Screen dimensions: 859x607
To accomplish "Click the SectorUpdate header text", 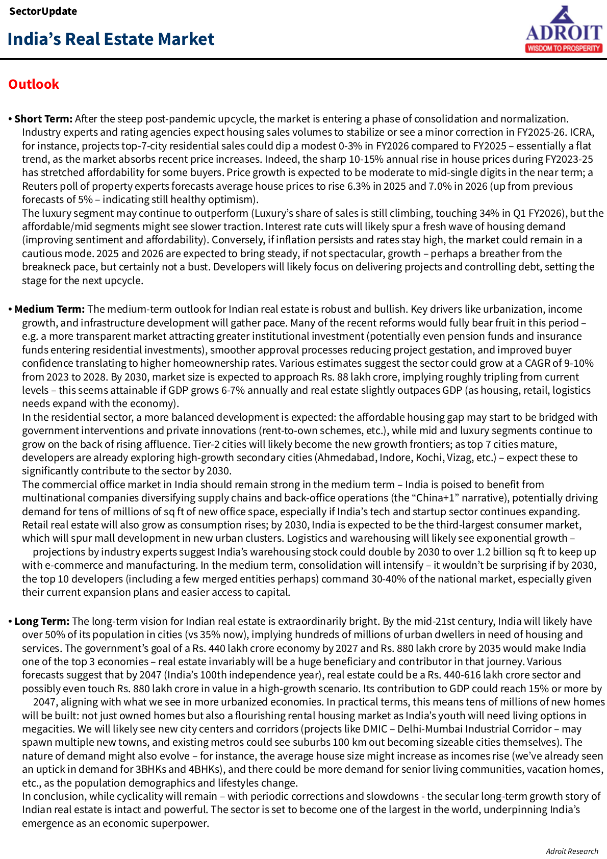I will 43,11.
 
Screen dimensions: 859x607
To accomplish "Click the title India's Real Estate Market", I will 111,39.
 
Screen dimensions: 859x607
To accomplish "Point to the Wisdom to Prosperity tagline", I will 564,48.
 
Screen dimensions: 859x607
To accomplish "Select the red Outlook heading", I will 34,84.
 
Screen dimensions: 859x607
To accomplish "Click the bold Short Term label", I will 43,119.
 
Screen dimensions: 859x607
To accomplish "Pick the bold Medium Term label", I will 49,309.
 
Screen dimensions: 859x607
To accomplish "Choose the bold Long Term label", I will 42,621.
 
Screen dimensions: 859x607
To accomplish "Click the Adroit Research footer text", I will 572,851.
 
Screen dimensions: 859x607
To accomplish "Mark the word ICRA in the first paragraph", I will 581,132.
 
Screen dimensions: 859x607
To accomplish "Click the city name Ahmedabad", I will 346,458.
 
